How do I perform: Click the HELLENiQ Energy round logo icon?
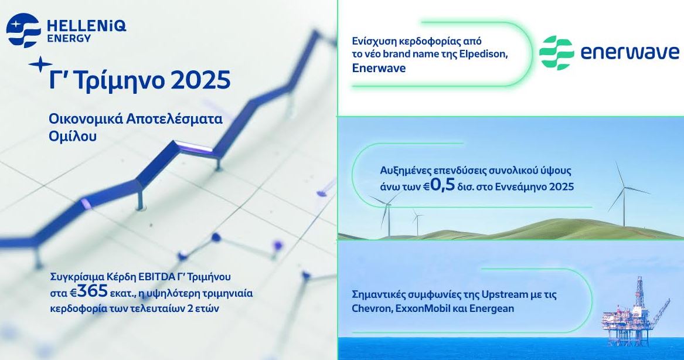coord(23,30)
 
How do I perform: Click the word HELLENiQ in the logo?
coord(86,26)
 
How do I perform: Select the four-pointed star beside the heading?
coord(40,64)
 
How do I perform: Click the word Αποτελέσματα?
coord(174,118)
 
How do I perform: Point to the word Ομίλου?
coord(73,136)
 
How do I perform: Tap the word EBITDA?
coord(155,277)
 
